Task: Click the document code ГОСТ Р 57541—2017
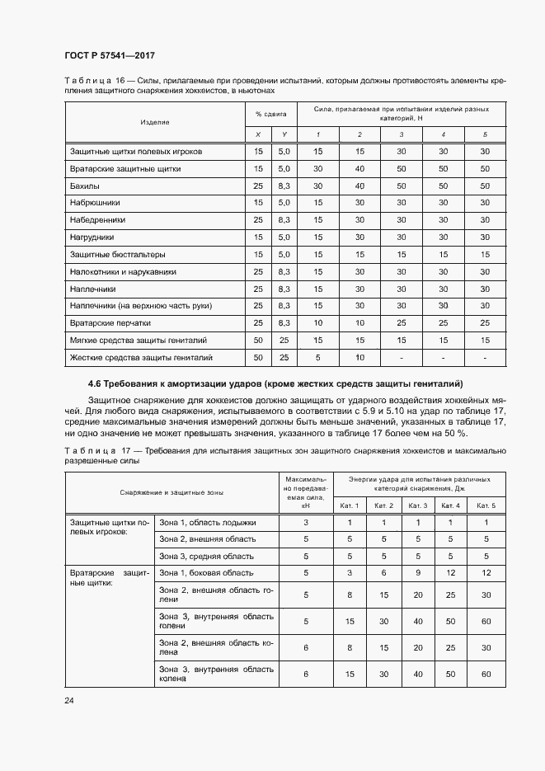point(110,55)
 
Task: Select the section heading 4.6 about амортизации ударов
point(275,383)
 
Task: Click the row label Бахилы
point(85,186)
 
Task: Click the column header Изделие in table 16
point(155,122)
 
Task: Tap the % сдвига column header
point(270,114)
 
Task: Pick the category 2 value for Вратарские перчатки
point(359,323)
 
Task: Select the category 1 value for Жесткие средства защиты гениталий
point(317,358)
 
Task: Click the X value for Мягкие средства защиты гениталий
point(258,341)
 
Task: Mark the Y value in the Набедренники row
point(284,220)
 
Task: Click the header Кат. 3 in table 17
point(417,505)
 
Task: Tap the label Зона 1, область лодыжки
point(207,523)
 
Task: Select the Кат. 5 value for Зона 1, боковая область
point(486,572)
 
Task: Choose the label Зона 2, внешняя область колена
point(215,649)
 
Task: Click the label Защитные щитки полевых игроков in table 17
point(110,528)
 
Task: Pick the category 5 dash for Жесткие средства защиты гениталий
point(485,358)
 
